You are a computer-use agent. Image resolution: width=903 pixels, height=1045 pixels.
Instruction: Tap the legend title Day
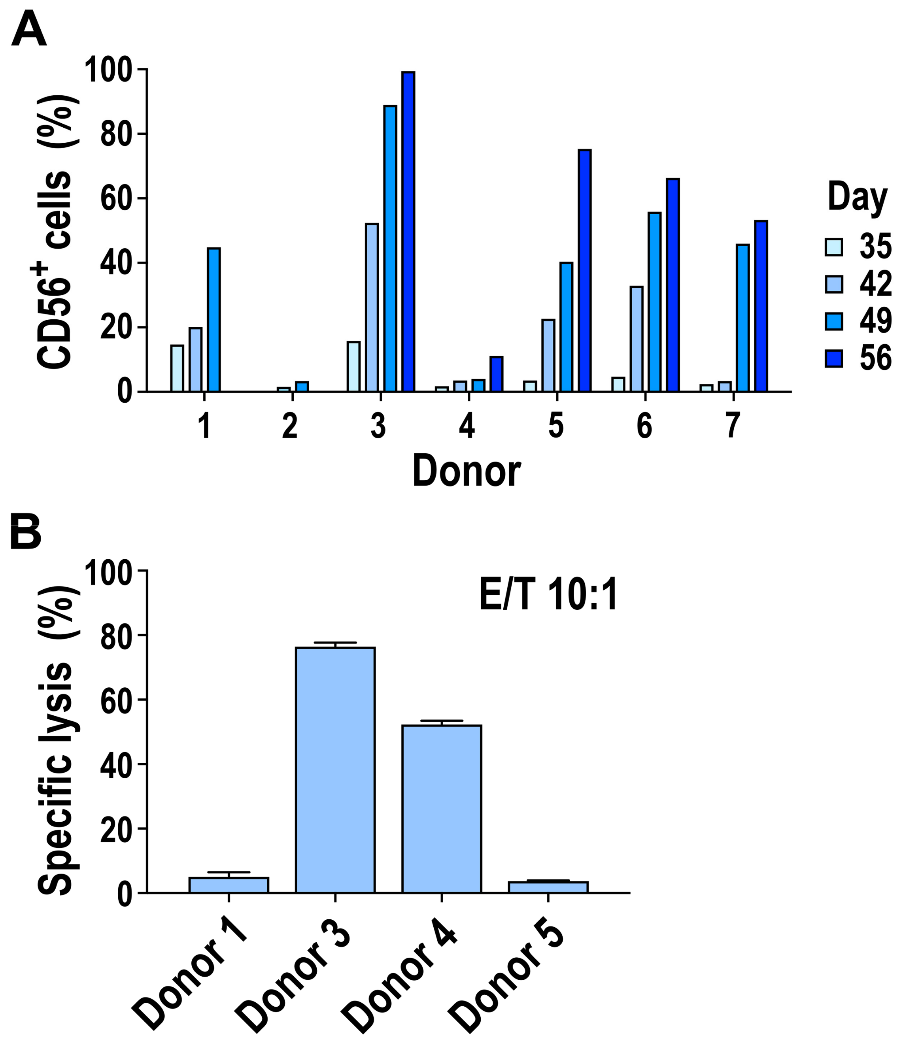click(x=857, y=197)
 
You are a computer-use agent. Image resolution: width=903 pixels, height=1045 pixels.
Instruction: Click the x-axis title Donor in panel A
click(x=466, y=471)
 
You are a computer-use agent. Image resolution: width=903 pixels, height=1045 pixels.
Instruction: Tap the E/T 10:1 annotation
click(x=548, y=595)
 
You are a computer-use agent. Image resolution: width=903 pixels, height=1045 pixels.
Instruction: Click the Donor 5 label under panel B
click(x=510, y=983)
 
